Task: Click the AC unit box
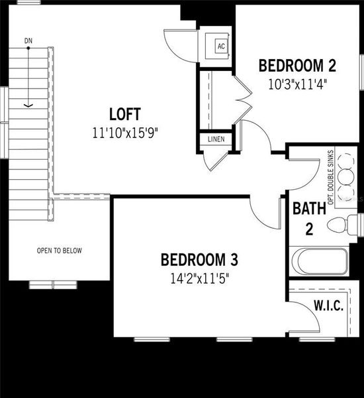pyautogui.click(x=221, y=46)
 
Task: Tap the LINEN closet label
pyautogui.click(x=216, y=139)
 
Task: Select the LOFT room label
pyautogui.click(x=126, y=113)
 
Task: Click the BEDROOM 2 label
pyautogui.click(x=297, y=66)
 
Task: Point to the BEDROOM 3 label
pyautogui.click(x=199, y=259)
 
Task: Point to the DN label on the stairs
pyautogui.click(x=28, y=41)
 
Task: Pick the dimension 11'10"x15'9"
pyautogui.click(x=126, y=131)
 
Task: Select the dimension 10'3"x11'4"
pyautogui.click(x=297, y=84)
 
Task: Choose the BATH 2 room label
pyautogui.click(x=309, y=218)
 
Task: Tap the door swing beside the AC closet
pyautogui.click(x=177, y=45)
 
